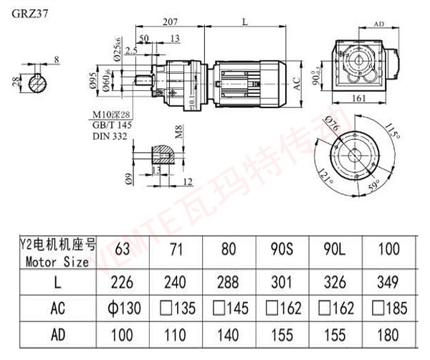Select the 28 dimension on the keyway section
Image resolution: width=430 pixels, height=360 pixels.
pos(15,82)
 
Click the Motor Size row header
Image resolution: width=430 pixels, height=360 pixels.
pos(56,262)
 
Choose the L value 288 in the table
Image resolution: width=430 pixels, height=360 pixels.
pos(229,283)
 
